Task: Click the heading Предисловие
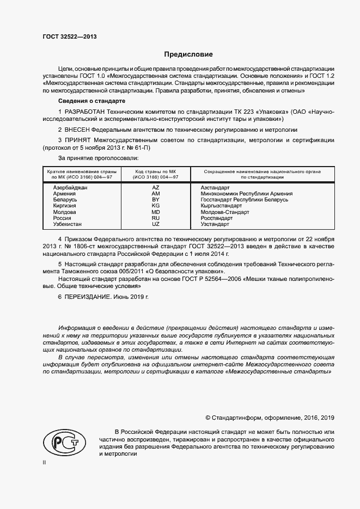point(189,54)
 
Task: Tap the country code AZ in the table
point(156,187)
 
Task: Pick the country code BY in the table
point(156,200)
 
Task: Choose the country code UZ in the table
point(156,224)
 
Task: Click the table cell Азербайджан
point(70,187)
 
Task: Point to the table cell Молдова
point(65,212)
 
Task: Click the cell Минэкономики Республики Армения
point(246,194)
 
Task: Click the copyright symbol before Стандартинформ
point(208,418)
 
